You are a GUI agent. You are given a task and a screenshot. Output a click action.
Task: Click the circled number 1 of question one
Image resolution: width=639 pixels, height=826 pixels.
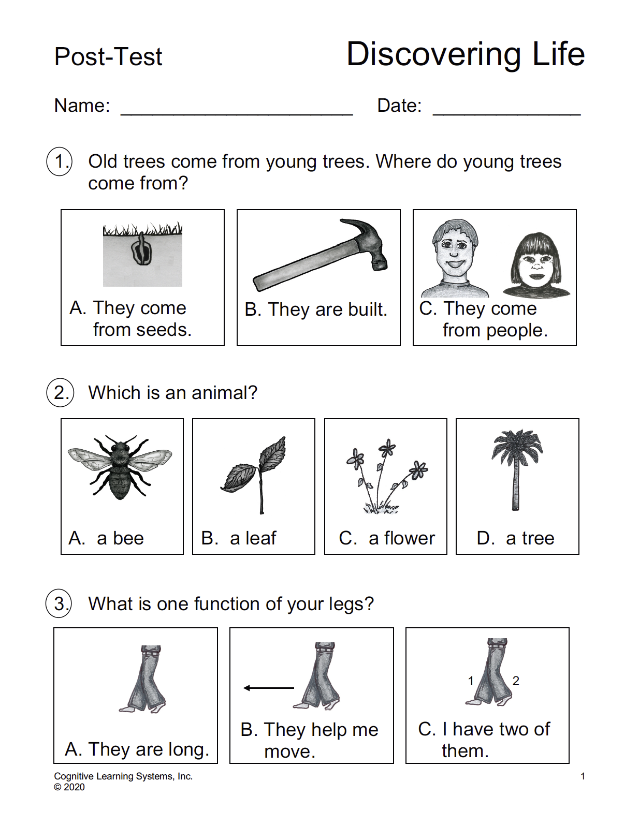pyautogui.click(x=60, y=161)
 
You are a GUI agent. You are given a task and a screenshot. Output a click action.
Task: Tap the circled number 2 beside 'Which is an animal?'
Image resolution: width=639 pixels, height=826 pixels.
pyautogui.click(x=60, y=393)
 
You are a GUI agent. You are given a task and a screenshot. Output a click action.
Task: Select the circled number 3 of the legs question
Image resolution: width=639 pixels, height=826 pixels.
pyautogui.click(x=60, y=604)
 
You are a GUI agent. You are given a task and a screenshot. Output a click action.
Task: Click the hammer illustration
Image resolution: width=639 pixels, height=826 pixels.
pyautogui.click(x=321, y=255)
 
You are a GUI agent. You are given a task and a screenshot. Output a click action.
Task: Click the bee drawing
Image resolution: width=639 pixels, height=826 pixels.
pyautogui.click(x=120, y=466)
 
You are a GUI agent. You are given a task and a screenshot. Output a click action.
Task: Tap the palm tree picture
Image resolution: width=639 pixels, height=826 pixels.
pyautogui.click(x=516, y=468)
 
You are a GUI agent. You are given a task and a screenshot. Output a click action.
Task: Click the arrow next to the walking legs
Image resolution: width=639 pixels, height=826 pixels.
pyautogui.click(x=268, y=688)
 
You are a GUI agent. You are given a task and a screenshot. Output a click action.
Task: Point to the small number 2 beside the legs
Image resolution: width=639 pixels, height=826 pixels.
pyautogui.click(x=516, y=681)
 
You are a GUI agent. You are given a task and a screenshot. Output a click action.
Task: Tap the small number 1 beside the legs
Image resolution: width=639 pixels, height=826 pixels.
pyautogui.click(x=471, y=681)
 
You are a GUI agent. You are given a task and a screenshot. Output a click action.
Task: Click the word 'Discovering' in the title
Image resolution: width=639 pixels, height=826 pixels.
pyautogui.click(x=434, y=54)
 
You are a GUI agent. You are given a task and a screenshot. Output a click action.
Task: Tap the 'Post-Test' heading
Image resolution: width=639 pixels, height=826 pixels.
pyautogui.click(x=108, y=57)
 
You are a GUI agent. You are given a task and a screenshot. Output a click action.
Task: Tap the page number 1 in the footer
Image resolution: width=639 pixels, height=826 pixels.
pyautogui.click(x=583, y=776)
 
